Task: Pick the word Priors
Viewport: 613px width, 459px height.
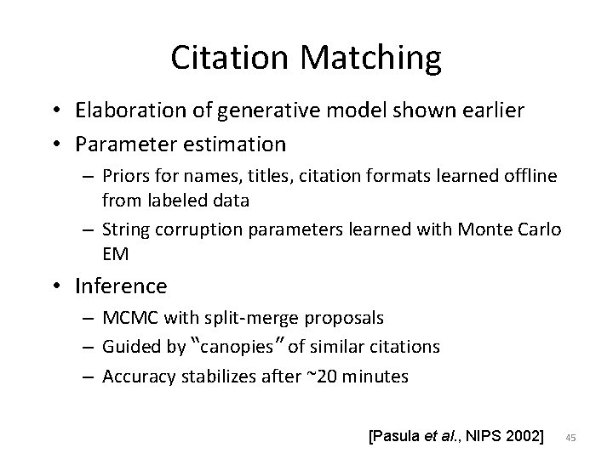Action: pyautogui.click(x=126, y=175)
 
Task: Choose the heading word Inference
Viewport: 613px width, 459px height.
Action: pyautogui.click(x=121, y=286)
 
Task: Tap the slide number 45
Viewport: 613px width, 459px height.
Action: pyautogui.click(x=571, y=438)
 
